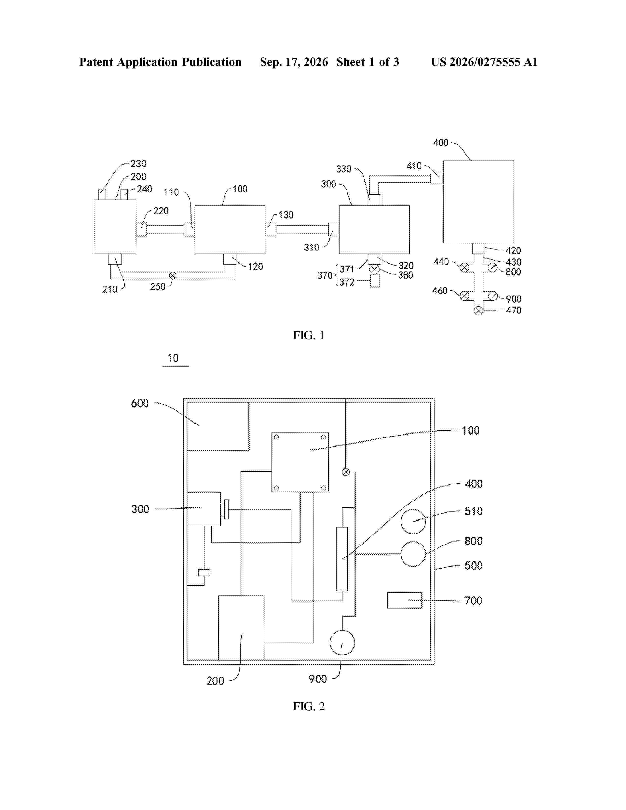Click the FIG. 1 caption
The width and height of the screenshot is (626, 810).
[x=309, y=335]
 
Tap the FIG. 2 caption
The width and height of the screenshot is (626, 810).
[x=309, y=706]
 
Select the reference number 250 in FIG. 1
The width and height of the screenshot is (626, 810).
[x=158, y=287]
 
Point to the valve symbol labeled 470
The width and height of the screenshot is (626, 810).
[x=479, y=311]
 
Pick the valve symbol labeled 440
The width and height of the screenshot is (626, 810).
[x=464, y=267]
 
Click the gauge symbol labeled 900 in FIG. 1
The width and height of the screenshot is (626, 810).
[x=492, y=296]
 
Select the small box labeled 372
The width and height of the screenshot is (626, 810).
[x=375, y=281]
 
